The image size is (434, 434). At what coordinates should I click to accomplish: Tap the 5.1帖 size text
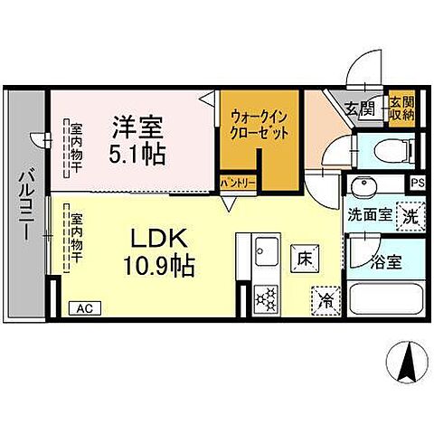pos(137,153)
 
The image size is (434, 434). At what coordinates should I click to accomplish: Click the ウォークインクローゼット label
pos(260,124)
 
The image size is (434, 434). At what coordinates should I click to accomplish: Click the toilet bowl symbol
pos(380,151)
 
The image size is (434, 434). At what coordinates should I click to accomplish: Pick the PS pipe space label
pos(416,182)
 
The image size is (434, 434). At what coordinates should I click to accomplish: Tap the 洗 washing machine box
pos(410,216)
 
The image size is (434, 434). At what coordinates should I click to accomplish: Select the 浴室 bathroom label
pos(386,263)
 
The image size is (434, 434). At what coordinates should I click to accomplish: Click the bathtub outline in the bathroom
pos(386,299)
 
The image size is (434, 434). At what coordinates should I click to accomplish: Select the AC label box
pos(84,308)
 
